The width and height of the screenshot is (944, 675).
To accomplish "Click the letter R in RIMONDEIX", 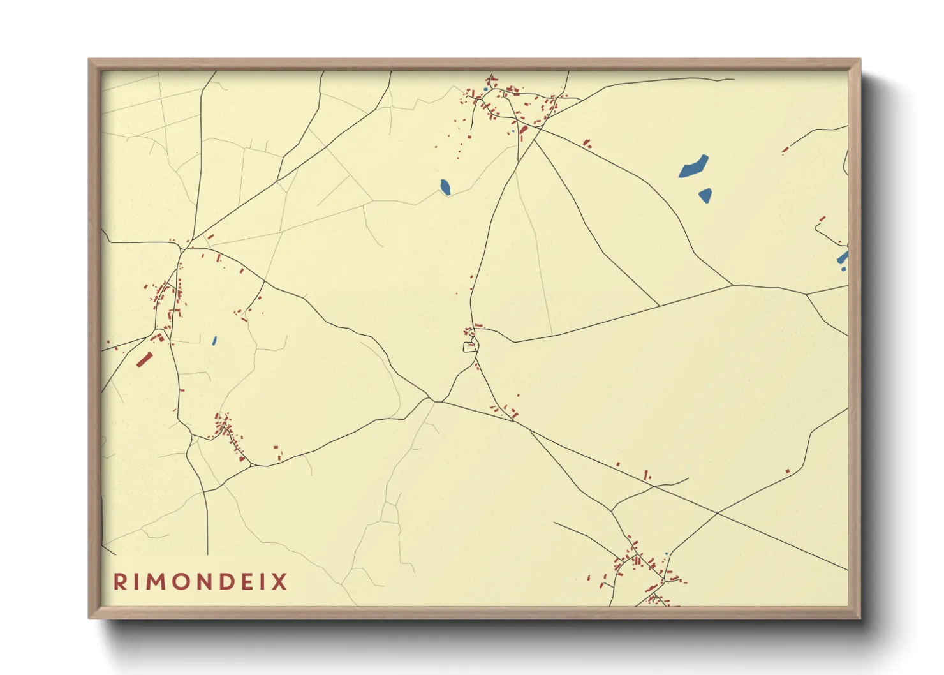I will tap(119, 582).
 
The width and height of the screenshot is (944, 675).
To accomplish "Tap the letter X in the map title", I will tap(280, 582).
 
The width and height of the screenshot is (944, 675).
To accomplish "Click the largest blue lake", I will tap(693, 167).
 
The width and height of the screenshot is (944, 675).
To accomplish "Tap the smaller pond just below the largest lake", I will tap(705, 195).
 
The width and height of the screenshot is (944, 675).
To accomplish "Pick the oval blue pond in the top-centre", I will tap(445, 187).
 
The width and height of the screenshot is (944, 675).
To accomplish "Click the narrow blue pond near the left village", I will tap(214, 341).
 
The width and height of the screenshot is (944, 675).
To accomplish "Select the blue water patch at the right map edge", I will tap(843, 258).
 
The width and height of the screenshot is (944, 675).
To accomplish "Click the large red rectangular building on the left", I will tap(144, 360).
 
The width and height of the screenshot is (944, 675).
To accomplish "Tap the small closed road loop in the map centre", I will tap(470, 347).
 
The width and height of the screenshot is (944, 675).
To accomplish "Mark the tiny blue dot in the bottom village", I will tap(666, 554).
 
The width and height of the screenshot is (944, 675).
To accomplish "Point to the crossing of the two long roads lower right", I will tap(718, 512).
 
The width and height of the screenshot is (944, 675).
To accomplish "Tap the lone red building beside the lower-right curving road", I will tap(787, 471).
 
